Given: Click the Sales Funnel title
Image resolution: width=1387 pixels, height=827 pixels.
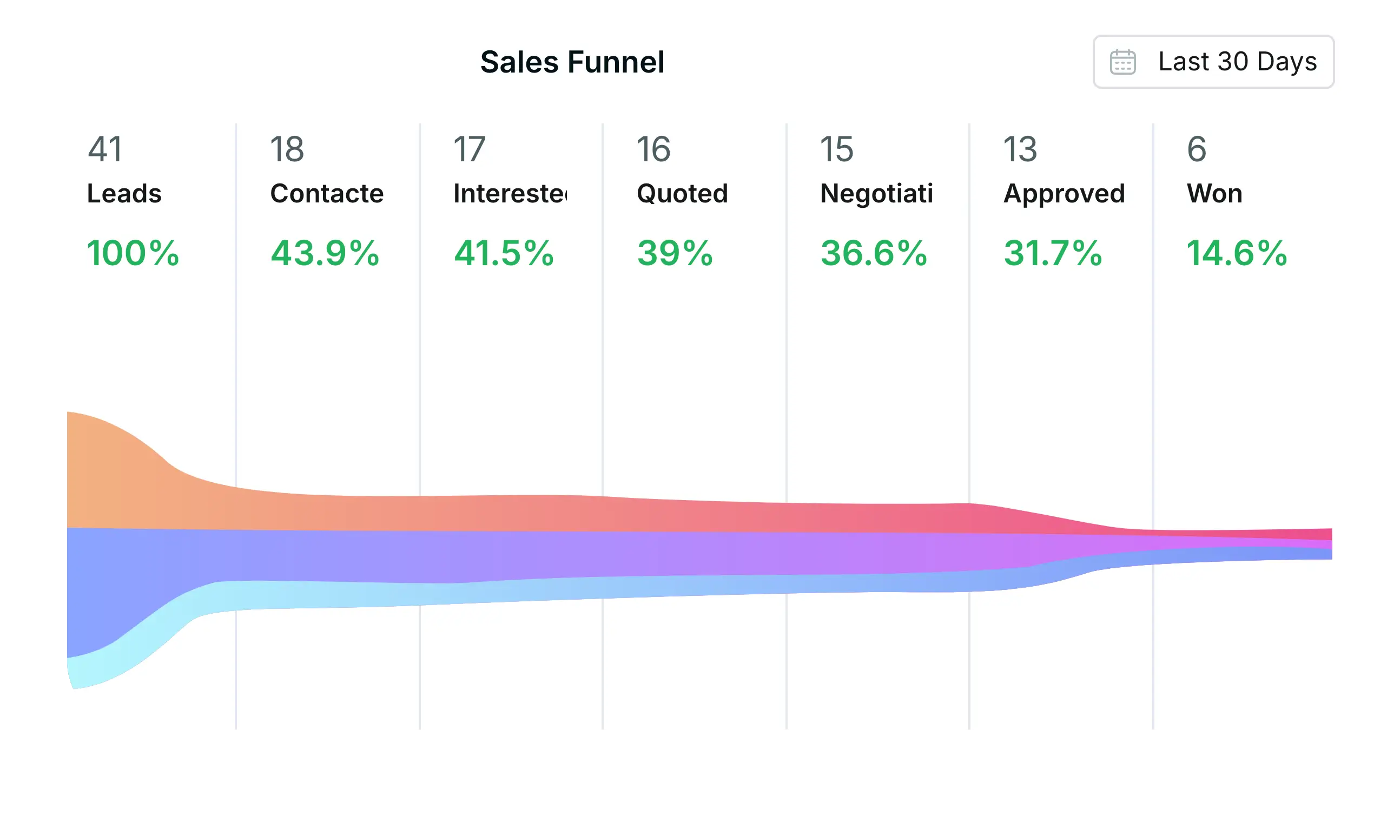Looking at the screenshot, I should [572, 62].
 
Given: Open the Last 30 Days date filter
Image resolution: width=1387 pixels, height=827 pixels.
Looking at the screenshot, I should [1213, 62].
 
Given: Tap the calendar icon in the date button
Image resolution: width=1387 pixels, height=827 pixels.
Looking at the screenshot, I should [1122, 62].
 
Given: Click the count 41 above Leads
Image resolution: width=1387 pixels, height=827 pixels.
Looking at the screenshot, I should [105, 149].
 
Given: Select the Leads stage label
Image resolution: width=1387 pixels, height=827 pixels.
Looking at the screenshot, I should [124, 194].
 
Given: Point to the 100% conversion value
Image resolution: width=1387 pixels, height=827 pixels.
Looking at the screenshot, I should [133, 253].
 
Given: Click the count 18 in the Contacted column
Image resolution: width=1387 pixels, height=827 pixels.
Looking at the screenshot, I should [287, 149].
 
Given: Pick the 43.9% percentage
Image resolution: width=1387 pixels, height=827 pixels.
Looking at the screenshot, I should [325, 253].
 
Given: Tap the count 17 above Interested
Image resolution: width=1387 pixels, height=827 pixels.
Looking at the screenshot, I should [470, 149].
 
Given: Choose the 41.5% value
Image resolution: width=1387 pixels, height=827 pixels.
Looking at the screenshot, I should [504, 253].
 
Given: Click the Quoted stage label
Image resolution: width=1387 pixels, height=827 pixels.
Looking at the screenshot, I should [682, 194].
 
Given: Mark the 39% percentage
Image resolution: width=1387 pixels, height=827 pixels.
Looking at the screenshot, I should [675, 253].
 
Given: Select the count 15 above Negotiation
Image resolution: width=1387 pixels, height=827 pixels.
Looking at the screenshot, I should [836, 149].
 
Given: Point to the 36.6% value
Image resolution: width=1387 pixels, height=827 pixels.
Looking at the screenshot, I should [874, 253].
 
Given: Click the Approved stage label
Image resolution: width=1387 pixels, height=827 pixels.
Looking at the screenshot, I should [1064, 194].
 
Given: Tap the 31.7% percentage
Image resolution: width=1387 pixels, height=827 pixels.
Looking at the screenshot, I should [1053, 253].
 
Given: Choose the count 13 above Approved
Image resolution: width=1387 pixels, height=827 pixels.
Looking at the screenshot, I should [1020, 149].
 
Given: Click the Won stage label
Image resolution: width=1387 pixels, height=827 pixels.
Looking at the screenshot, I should [1214, 194].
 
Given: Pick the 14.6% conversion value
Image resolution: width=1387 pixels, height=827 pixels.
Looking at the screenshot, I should [1237, 253].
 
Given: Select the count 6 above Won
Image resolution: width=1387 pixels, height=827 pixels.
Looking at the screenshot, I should [1197, 149].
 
